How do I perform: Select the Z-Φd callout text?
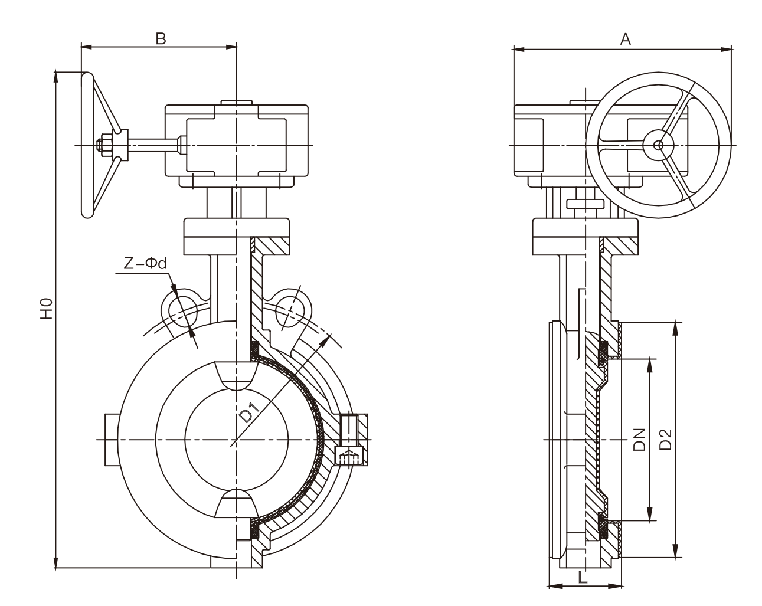coord(145,264)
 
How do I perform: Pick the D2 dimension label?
coord(666,437)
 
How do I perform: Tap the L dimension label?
coord(583,577)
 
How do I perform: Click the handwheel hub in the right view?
coord(661,144)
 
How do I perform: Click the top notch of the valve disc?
coord(236,376)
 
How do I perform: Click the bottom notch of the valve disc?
coord(236,503)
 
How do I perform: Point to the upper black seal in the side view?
coord(604,351)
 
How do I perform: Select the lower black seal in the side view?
coord(604,525)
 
